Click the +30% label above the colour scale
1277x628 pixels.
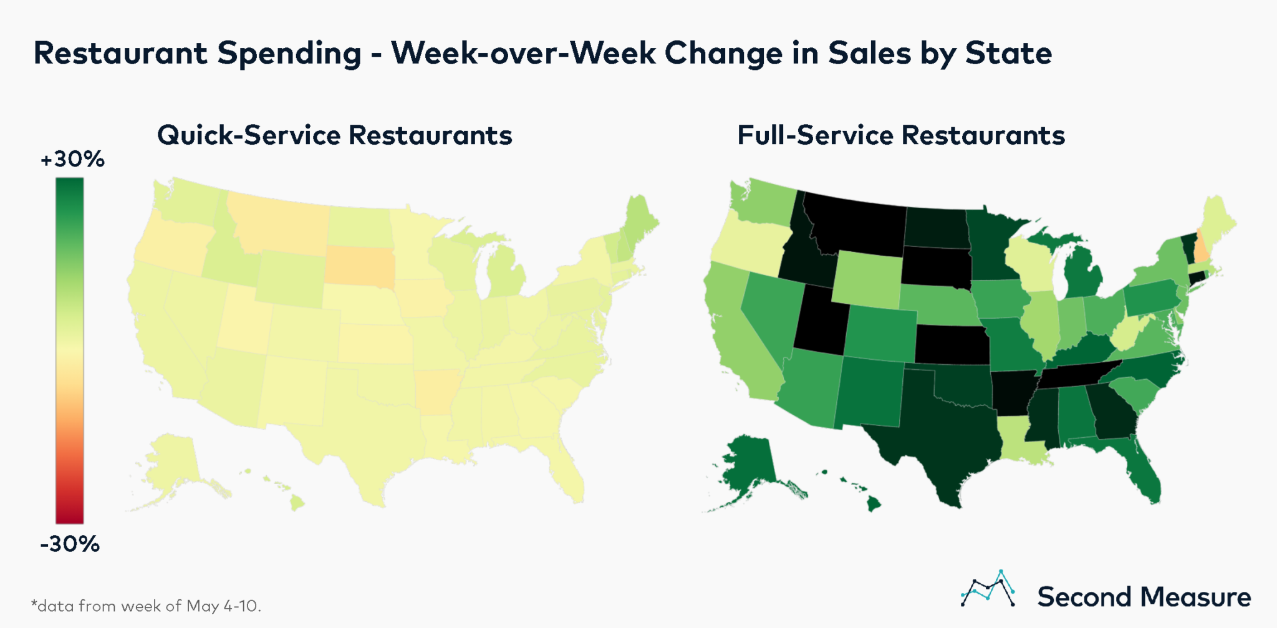click(x=72, y=160)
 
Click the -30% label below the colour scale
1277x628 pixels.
click(x=70, y=544)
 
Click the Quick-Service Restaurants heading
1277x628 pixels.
click(x=334, y=135)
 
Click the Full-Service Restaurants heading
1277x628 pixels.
click(x=900, y=135)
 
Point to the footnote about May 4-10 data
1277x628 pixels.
click(x=146, y=606)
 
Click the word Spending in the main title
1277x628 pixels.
click(x=289, y=53)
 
